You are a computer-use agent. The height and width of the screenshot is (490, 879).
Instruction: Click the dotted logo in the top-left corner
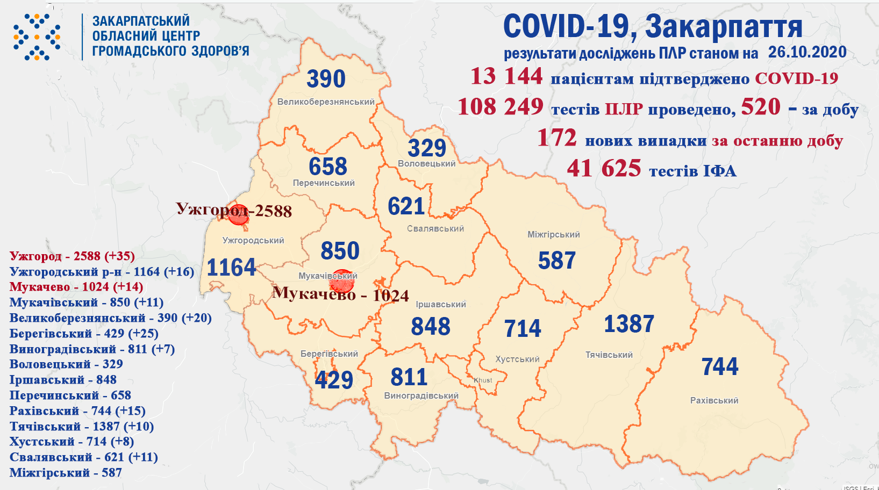click(37, 37)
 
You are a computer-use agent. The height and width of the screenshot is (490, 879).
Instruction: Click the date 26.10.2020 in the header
click(807, 52)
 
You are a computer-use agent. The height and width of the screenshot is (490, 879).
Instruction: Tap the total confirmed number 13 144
click(506, 76)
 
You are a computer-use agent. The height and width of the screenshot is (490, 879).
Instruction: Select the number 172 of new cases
click(556, 138)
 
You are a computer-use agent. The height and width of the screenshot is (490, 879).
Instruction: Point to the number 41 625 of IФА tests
click(604, 169)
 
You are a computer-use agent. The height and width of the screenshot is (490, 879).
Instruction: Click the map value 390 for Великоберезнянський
click(326, 80)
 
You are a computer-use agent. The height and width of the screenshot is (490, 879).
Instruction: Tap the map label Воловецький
click(426, 164)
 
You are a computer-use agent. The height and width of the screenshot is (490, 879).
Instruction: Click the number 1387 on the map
click(628, 324)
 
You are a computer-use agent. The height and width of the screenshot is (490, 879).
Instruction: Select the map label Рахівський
click(714, 400)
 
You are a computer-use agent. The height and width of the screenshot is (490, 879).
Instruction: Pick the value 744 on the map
click(720, 367)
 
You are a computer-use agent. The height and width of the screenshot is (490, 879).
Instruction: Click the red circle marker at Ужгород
click(238, 214)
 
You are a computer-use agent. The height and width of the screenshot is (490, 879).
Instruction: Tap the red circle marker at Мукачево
click(342, 280)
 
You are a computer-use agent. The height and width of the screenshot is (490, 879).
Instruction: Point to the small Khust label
click(483, 380)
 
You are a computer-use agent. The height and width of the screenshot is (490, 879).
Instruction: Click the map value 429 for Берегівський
click(334, 380)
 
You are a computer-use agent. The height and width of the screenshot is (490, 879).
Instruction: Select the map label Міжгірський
click(553, 235)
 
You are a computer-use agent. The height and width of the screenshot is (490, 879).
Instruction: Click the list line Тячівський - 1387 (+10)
click(82, 427)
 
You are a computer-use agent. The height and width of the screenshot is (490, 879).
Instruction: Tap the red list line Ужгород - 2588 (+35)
click(72, 256)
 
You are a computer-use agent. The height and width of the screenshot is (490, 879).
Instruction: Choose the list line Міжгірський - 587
click(66, 473)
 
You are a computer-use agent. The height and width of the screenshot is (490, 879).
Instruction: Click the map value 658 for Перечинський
click(328, 167)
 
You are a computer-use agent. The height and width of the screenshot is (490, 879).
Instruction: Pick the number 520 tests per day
click(760, 107)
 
